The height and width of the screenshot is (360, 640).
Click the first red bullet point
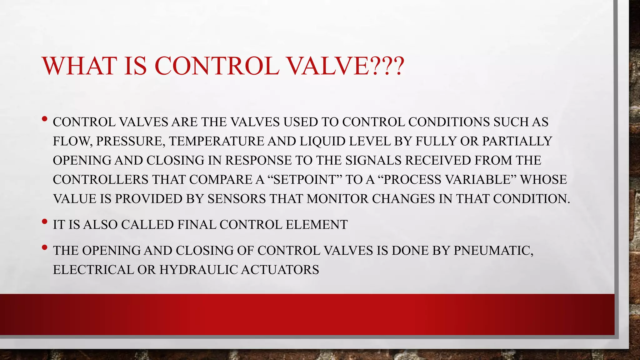[44, 119]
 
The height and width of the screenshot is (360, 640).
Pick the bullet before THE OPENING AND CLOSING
[44, 247]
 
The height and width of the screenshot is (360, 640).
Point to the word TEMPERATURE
[217, 141]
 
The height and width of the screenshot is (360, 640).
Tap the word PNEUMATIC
[493, 251]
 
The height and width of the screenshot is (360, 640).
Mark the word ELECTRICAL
[93, 270]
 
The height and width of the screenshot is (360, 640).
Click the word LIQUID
[322, 141]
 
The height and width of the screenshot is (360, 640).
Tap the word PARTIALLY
[517, 141]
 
